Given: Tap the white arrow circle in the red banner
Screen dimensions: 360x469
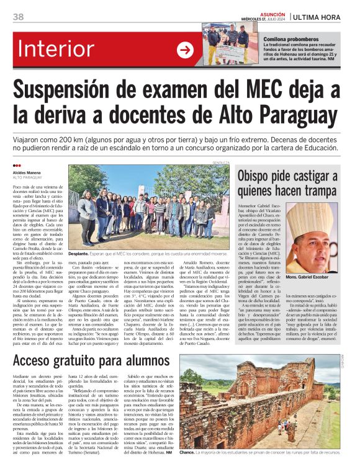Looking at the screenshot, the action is [x=184, y=50].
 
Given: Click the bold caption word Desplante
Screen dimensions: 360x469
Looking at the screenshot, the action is [x=79, y=254].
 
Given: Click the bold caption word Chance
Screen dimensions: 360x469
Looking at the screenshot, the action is [x=187, y=452].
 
